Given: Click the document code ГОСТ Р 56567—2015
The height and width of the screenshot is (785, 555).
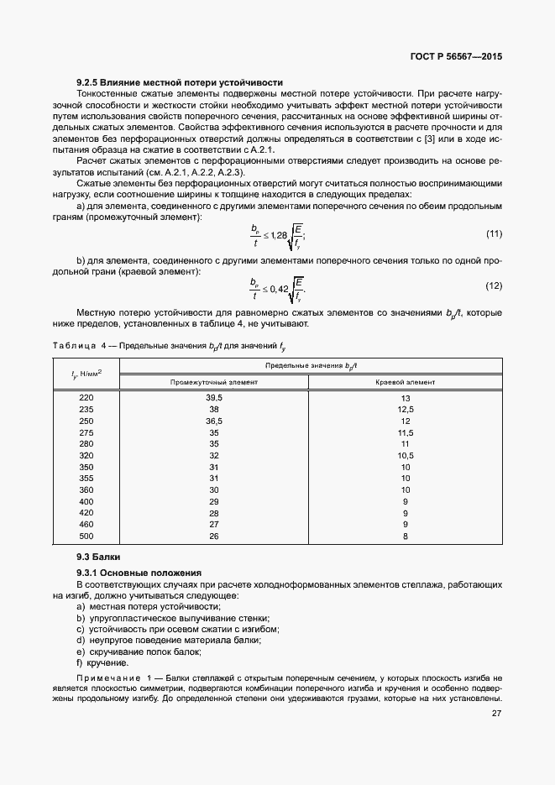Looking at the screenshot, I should point(453,58).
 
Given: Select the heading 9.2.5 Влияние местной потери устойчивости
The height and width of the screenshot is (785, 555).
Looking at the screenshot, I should point(179,82).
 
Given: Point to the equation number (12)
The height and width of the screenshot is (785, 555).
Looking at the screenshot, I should point(494,285).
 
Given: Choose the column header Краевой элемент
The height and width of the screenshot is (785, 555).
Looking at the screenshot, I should point(405,381).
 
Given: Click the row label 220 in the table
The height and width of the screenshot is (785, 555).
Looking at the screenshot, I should point(86,397).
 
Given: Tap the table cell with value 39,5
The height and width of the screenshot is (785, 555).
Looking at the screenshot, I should point(213,397).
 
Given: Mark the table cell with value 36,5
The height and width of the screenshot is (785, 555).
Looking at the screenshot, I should point(213,420).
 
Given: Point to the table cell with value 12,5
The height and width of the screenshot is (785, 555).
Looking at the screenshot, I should point(405,409).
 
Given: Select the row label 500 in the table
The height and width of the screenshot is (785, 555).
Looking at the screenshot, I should point(86,536).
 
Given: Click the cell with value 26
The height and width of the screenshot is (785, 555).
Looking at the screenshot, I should point(213,536).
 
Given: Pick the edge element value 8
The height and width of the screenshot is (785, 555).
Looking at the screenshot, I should point(405,536).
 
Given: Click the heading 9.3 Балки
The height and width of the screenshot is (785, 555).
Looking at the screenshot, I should point(98,557).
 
